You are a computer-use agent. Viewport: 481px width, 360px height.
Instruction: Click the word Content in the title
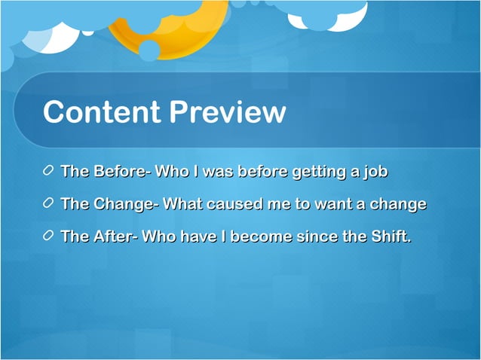[x=103, y=113]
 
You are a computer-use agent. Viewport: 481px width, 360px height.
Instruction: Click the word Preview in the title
[x=228, y=113]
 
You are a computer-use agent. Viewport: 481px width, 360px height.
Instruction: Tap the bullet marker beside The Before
[x=49, y=172]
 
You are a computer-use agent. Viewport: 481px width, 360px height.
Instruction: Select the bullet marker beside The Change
[x=49, y=204]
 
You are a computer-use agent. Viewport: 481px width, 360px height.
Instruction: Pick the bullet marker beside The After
[x=49, y=236]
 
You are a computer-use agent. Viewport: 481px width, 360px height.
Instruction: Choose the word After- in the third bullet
[x=115, y=236]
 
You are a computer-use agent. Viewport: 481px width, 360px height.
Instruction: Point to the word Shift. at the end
[x=389, y=236]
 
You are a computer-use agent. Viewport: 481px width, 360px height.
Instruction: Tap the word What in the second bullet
[x=179, y=204]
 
